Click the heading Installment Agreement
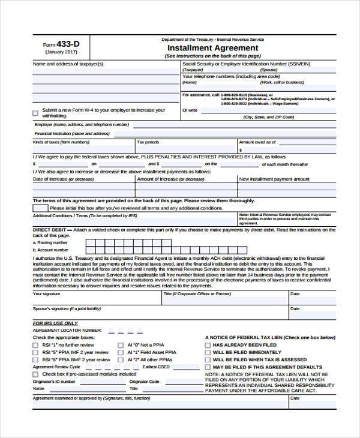213,48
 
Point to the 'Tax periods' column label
149,142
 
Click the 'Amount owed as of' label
257,142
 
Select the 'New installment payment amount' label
274,179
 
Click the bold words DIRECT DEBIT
50,229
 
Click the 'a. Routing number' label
55,242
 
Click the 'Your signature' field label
46,294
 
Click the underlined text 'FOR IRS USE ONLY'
55,323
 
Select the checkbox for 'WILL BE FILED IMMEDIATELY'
208,352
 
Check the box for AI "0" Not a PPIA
121,345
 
